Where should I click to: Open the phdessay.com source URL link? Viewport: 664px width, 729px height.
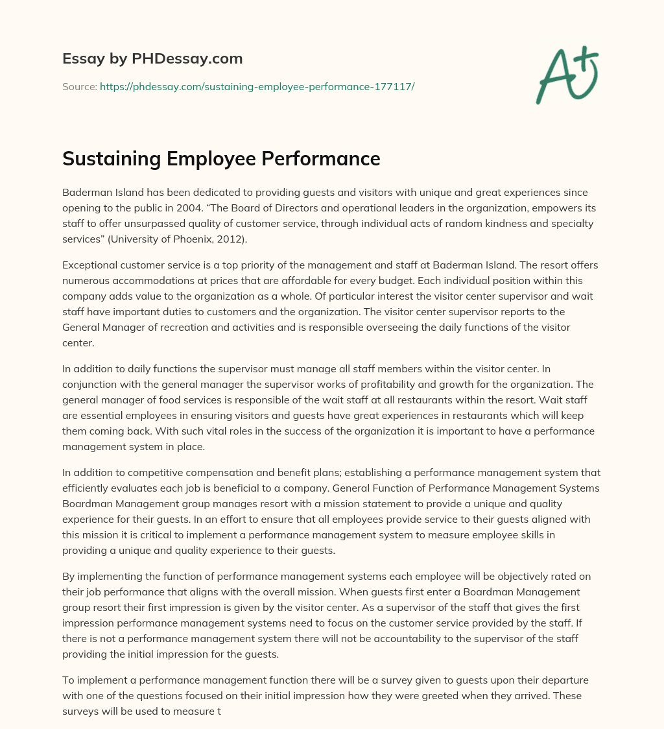click(257, 86)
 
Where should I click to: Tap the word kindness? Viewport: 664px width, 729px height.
click(460, 224)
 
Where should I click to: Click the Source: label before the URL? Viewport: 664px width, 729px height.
click(80, 86)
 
